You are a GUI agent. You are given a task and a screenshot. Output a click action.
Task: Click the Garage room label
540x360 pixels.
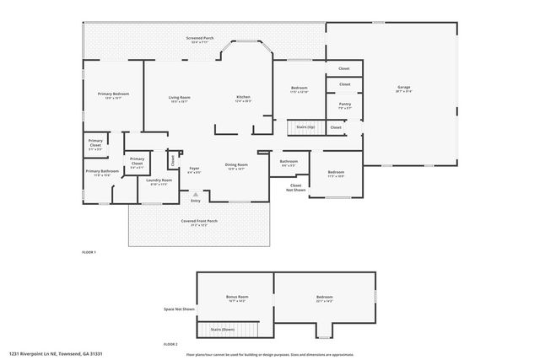(403, 88)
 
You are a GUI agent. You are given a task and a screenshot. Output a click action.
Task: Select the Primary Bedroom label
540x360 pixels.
(113, 94)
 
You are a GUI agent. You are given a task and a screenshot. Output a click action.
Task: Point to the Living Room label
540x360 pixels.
(180, 99)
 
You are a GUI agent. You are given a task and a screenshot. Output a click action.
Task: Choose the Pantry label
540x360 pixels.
(344, 105)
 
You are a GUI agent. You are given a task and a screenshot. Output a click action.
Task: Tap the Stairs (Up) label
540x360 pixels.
(305, 126)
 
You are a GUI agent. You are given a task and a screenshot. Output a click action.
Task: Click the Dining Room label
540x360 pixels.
(236, 165)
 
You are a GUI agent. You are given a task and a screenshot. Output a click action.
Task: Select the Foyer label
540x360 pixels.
(194, 169)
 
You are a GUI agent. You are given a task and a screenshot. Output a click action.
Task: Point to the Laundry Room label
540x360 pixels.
(159, 180)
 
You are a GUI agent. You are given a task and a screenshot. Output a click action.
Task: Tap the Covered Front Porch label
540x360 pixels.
(199, 223)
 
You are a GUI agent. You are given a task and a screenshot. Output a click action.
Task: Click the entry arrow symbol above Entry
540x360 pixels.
(195, 193)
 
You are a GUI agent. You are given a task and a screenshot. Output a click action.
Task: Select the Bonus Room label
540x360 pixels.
(238, 298)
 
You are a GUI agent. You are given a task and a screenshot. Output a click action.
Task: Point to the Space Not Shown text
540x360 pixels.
(179, 309)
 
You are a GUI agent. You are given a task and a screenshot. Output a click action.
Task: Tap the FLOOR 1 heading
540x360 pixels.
(89, 252)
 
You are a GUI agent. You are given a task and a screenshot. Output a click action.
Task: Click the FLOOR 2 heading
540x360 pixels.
(171, 345)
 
